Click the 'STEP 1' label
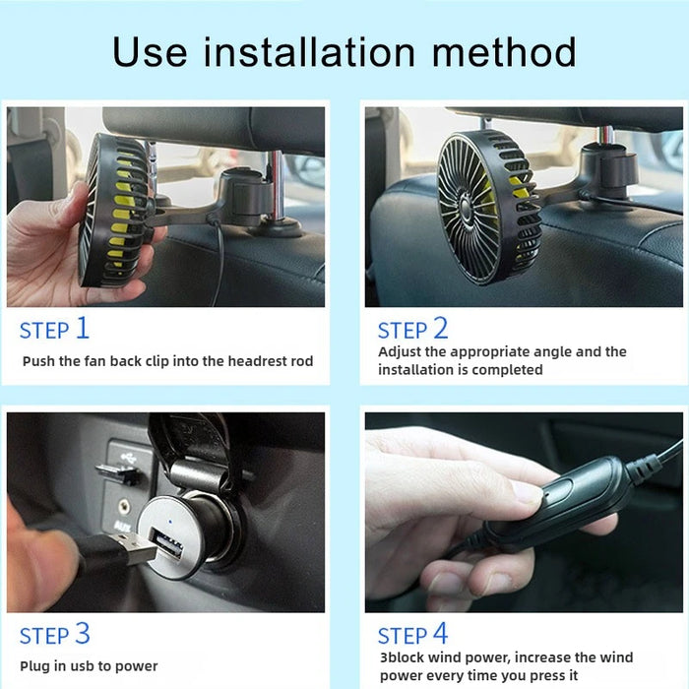(x=55, y=329)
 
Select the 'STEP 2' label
(x=413, y=329)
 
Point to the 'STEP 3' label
(x=55, y=634)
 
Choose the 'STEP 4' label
(x=413, y=634)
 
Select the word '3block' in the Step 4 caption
(x=403, y=658)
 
